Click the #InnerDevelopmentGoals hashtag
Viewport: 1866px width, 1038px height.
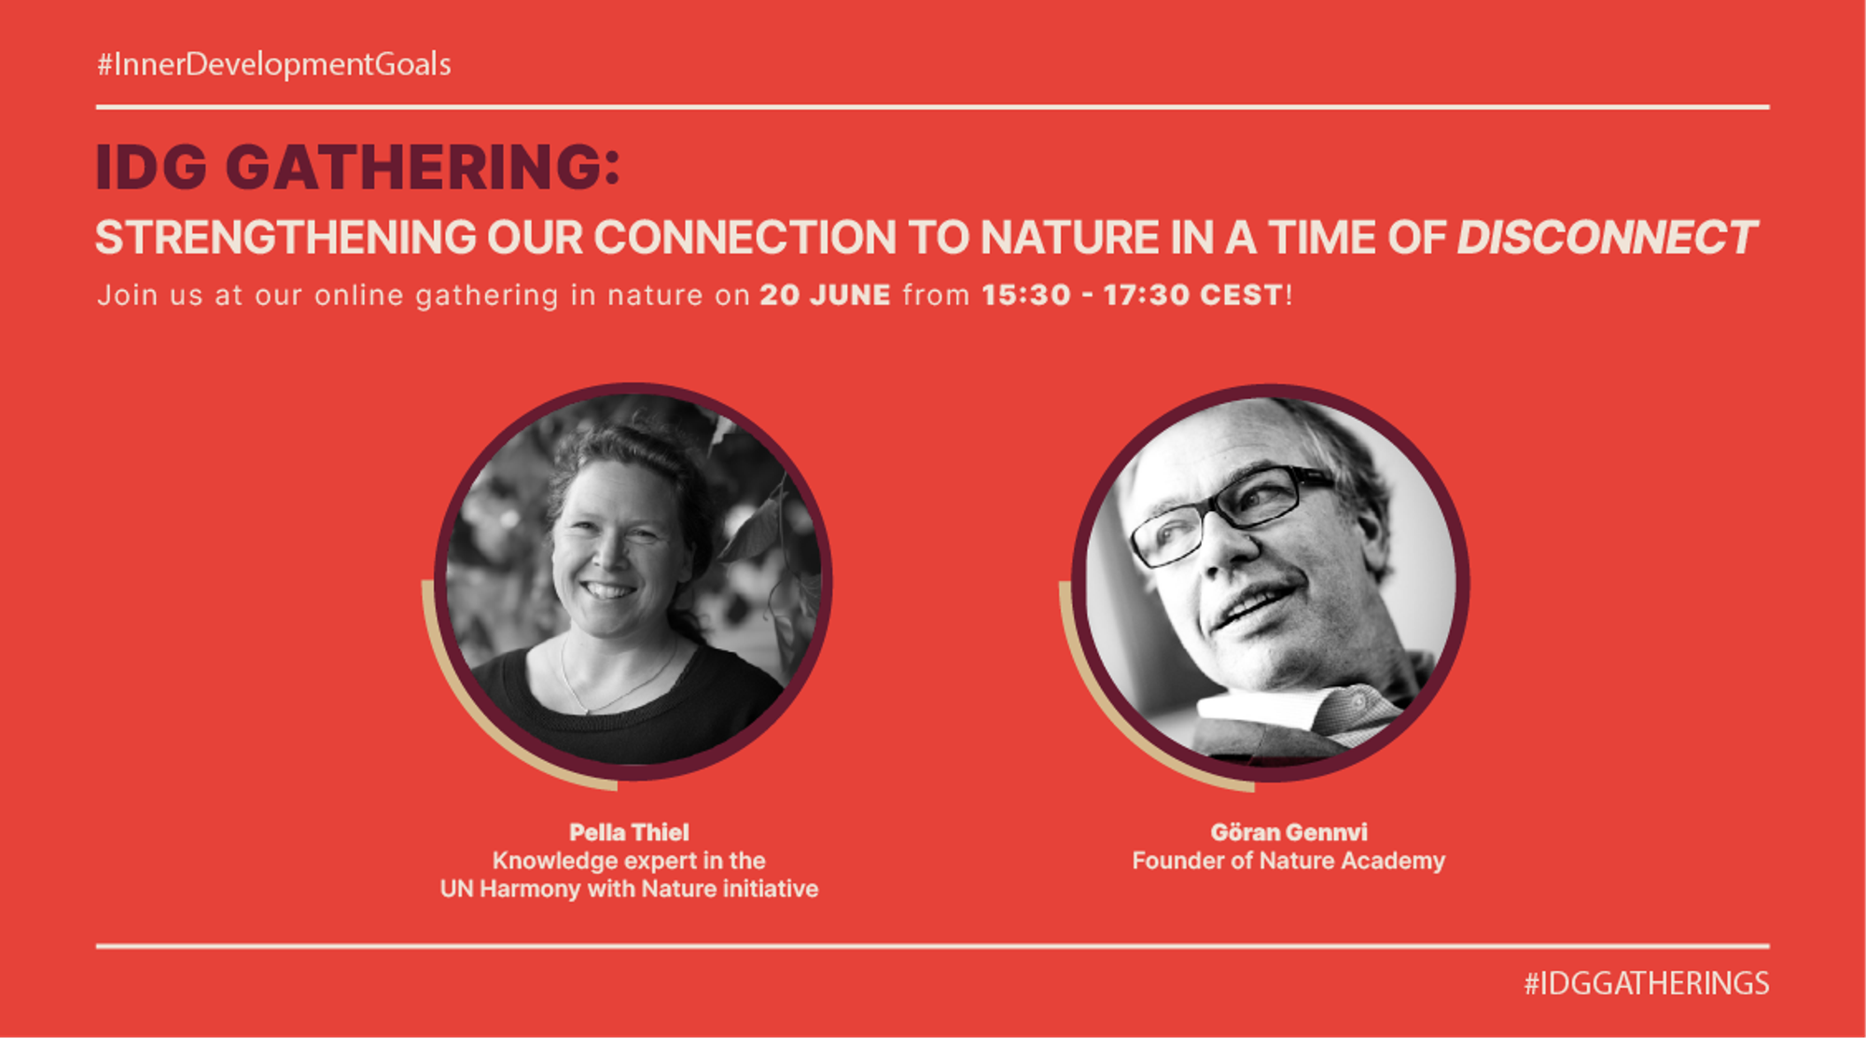[x=274, y=64]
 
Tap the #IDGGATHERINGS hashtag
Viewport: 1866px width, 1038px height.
[x=1646, y=984]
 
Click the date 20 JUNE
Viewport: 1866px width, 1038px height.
[x=825, y=296]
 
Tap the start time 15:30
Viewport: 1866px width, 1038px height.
[x=1025, y=296]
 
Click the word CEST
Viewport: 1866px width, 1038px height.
[x=1241, y=296]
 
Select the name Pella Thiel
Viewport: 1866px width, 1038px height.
[x=629, y=832]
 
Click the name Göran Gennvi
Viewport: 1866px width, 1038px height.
[x=1288, y=832]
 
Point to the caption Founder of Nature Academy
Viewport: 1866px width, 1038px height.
[x=1288, y=861]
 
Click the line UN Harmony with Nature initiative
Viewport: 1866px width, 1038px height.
[x=629, y=889]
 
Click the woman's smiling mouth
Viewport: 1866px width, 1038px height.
[x=608, y=589]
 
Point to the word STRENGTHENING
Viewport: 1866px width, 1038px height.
[x=285, y=238]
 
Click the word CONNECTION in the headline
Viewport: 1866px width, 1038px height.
[x=745, y=238]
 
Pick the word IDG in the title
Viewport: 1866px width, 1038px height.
[x=151, y=168]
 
